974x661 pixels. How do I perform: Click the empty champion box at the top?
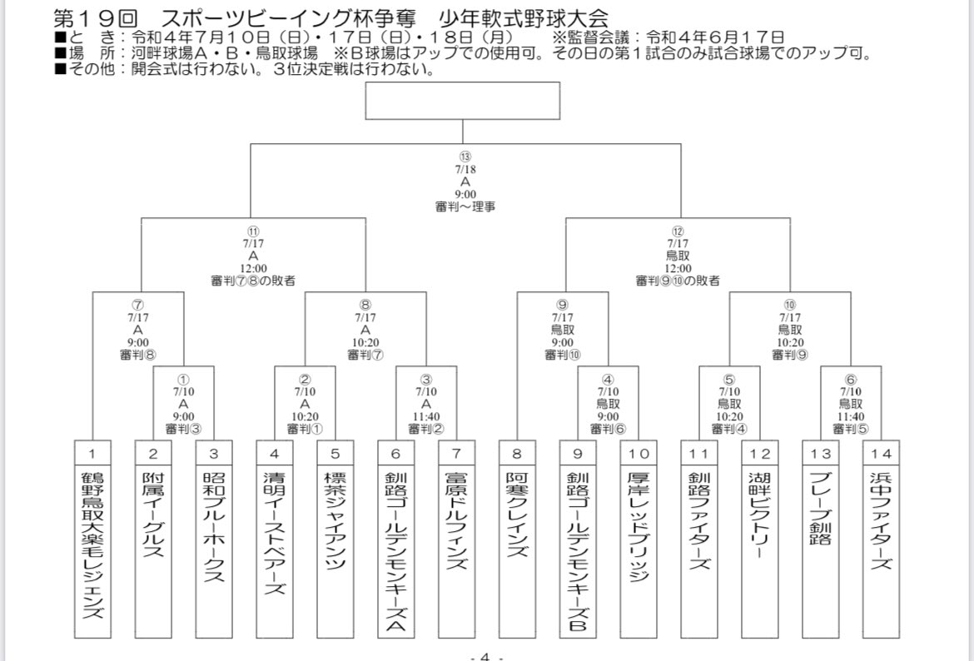point(463,102)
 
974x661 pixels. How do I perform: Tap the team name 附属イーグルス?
point(154,516)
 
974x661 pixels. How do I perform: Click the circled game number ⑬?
point(465,156)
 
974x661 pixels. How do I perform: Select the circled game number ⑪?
point(253,231)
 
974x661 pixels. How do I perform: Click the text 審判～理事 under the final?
point(465,206)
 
